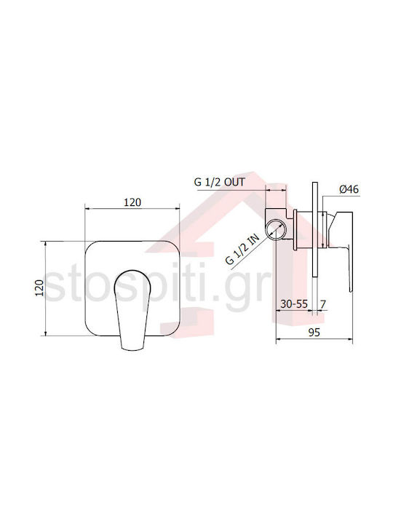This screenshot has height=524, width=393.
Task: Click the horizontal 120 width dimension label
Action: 132,202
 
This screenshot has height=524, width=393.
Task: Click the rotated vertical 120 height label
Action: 40,287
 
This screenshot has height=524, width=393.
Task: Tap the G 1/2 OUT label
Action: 220,182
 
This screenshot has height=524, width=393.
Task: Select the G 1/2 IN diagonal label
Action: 242,250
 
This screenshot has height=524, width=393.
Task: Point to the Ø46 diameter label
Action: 349,189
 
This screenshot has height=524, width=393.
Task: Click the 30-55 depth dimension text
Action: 294,304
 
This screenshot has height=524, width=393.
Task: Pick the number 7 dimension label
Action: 323,304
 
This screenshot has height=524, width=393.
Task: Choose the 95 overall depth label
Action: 314,332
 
